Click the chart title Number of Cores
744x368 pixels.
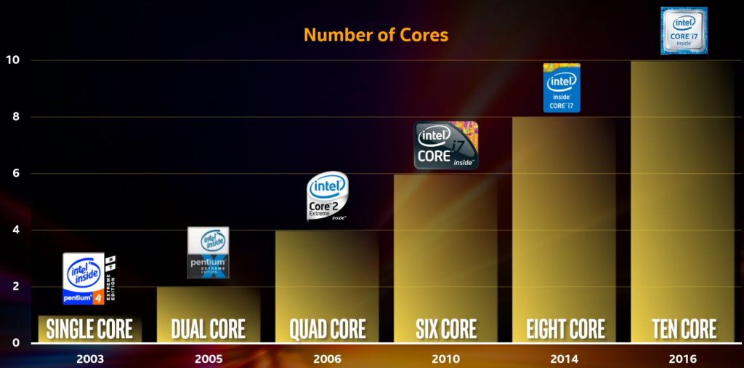pos(376,34)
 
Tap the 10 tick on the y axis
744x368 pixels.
pos(11,60)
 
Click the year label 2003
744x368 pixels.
pos(89,359)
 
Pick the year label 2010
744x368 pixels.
pos(445,359)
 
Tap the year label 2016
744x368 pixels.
pos(682,359)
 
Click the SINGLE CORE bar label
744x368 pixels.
pos(89,329)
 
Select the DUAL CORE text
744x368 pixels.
pos(208,329)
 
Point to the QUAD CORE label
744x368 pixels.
pos(327,329)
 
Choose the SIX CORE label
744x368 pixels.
pos(445,329)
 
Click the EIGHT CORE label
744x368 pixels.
pos(565,329)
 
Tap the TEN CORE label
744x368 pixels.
pos(684,329)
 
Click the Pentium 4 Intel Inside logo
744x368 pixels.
pos(89,278)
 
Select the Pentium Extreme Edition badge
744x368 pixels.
pos(208,252)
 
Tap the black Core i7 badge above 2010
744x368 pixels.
pos(446,145)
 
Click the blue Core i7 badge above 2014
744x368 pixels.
pos(562,88)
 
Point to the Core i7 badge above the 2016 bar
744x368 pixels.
pos(684,31)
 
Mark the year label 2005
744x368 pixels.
pos(208,359)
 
